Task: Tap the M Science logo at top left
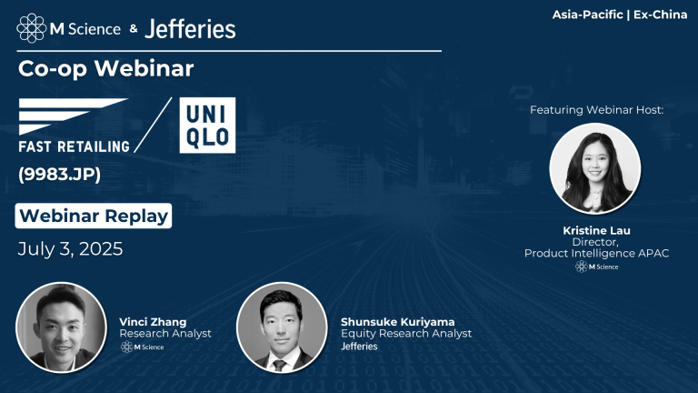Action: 69,28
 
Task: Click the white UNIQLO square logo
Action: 207,125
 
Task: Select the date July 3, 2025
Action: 70,247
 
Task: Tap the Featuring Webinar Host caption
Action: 596,109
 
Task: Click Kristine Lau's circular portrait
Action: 595,169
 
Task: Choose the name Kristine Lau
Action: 596,231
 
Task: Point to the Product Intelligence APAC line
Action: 596,253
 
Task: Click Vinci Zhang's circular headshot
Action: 62,327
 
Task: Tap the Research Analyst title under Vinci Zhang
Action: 165,334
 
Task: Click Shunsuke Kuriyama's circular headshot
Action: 282,327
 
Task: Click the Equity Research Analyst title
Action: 406,334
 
